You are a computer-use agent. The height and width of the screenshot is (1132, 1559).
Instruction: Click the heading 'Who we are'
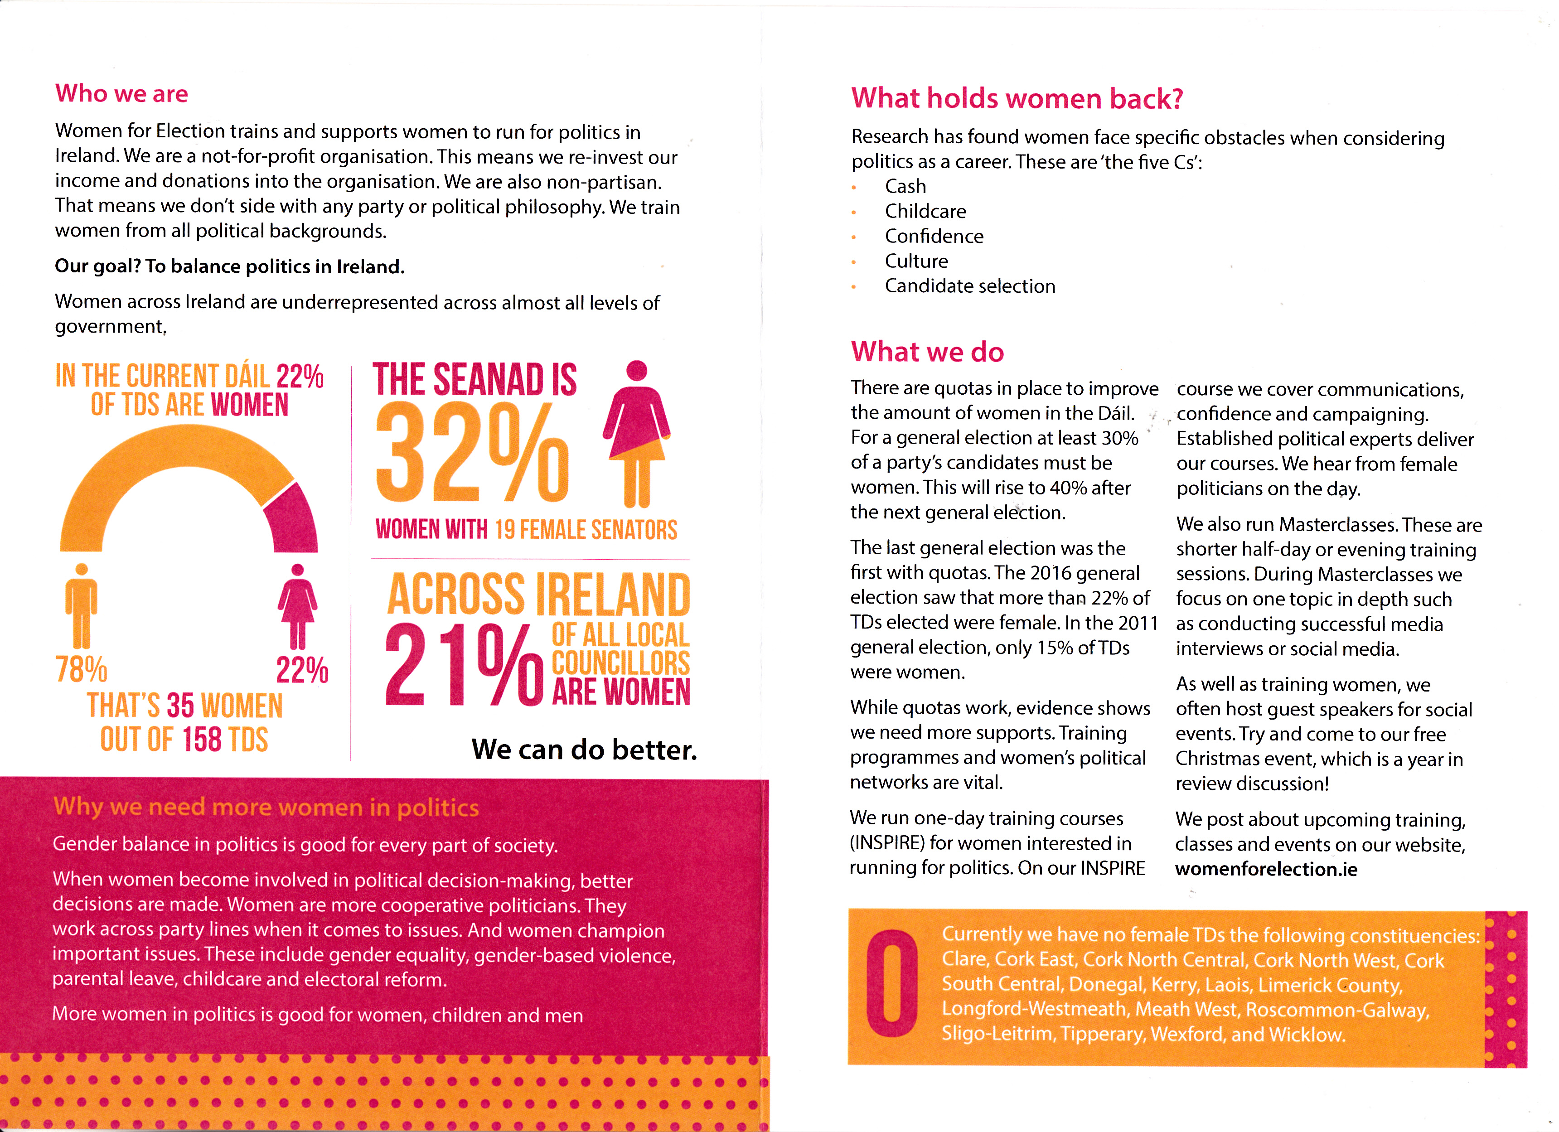[121, 93]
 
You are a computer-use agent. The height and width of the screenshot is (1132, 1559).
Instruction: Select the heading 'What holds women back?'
[1017, 98]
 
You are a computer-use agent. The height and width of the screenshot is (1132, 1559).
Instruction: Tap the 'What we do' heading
[927, 352]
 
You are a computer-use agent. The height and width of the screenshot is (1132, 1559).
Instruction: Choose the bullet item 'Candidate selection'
[969, 286]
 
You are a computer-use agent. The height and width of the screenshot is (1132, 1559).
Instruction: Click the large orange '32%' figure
[473, 454]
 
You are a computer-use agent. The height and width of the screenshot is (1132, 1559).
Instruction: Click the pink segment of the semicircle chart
[294, 519]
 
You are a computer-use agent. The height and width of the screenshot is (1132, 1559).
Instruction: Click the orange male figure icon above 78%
[81, 605]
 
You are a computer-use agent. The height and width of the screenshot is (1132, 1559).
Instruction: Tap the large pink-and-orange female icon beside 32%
[637, 433]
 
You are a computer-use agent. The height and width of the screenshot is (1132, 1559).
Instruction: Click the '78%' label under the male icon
[81, 669]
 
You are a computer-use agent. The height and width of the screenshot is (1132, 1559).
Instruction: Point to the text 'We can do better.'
[584, 749]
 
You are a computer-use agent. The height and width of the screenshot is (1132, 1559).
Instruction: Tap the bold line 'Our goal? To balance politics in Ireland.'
[230, 266]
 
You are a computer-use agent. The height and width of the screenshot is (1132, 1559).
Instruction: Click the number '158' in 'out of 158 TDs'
[202, 740]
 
